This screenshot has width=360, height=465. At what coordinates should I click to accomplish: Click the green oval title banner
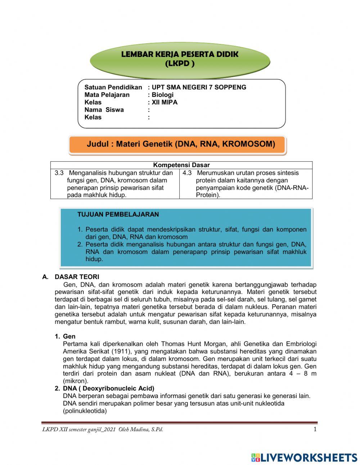[x=180, y=59]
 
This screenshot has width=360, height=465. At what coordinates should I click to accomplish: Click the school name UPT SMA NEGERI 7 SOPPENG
[x=199, y=87]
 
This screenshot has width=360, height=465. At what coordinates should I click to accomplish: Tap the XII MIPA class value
[x=165, y=102]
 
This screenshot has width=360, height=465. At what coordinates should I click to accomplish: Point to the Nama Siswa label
[x=104, y=110]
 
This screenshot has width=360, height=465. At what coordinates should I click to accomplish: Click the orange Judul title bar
[x=178, y=144]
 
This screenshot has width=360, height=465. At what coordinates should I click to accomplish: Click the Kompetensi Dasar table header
[x=181, y=165]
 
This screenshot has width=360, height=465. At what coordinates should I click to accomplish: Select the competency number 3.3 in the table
[x=59, y=173]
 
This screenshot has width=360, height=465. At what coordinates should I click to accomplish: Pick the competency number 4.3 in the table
[x=187, y=173]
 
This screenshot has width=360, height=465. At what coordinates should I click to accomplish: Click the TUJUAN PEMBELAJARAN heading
[x=118, y=215]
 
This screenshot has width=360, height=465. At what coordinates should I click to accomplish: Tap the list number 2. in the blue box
[x=80, y=245]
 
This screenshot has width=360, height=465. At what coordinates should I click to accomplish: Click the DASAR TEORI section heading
[x=77, y=277]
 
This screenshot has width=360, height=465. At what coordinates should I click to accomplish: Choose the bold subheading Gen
[x=69, y=336]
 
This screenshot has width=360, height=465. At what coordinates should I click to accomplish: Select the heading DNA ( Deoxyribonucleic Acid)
[x=108, y=388]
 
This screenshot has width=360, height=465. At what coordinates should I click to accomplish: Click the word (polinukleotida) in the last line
[x=85, y=411]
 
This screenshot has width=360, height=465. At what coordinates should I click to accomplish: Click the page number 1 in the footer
[x=315, y=429]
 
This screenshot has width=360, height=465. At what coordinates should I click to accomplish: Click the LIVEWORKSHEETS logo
[x=304, y=457]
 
